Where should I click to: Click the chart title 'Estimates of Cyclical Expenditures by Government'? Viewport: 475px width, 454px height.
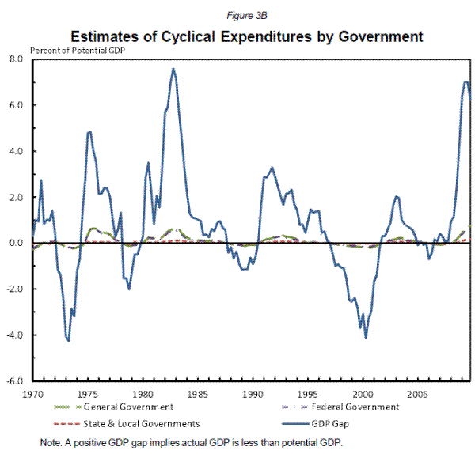tap(247, 36)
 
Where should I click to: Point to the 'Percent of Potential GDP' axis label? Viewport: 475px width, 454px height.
tap(79, 51)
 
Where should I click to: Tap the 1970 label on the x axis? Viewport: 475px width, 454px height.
tap(32, 392)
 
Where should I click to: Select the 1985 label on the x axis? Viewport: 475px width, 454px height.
tap(198, 392)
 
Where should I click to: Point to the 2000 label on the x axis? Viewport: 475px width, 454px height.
tap(363, 392)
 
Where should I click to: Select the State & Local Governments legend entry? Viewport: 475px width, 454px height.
tap(139, 424)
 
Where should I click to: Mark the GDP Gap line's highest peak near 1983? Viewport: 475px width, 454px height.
tap(173, 69)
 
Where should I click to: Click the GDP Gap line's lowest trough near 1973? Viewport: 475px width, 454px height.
tap(69, 341)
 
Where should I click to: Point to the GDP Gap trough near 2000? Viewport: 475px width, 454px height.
tap(366, 338)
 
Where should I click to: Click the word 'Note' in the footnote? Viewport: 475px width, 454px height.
tap(49, 441)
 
